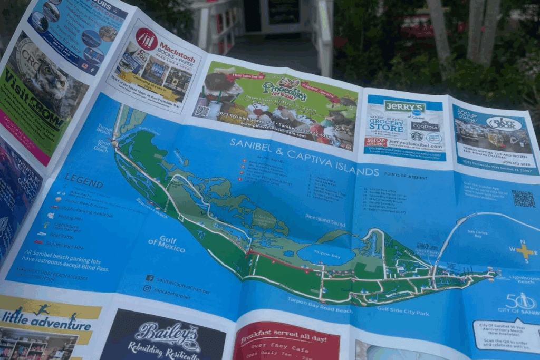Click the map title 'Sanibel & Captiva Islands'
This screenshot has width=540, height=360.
click(304, 157)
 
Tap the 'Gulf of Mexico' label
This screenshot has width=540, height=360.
click(167, 245)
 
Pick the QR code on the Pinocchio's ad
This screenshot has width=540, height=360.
click(202, 111)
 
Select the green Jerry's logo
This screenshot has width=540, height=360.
click(404, 106)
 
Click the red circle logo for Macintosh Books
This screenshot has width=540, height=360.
click(147, 38)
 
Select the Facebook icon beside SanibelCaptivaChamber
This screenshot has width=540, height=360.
click(149, 278)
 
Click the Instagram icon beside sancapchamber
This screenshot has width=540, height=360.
click(147, 288)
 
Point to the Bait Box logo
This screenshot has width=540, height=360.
click(503, 123)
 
